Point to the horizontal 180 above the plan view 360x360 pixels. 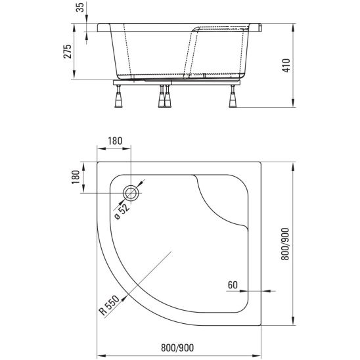[116, 141]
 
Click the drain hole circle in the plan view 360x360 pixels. [131, 192]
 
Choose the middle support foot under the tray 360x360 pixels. [162, 98]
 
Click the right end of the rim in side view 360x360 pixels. [261, 29]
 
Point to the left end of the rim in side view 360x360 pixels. [99, 29]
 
